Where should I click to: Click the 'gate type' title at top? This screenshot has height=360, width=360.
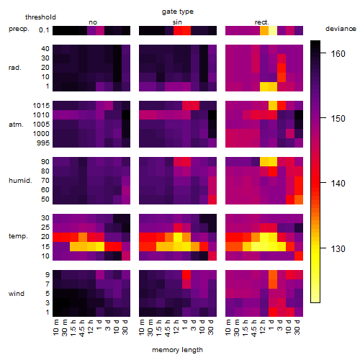pyautogui.click(x=178, y=12)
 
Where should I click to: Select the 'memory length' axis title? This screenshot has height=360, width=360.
pyautogui.click(x=177, y=350)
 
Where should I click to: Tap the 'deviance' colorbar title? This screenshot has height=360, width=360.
pyautogui.click(x=341, y=29)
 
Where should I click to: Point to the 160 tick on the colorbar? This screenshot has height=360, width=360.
pyautogui.click(x=323, y=53)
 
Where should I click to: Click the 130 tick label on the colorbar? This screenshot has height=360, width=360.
pyautogui.click(x=338, y=248)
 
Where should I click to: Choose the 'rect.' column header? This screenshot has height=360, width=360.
pyautogui.click(x=261, y=22)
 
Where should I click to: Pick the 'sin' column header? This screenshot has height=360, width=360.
pyautogui.click(x=177, y=22)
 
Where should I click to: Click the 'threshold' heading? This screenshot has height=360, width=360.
pyautogui.click(x=40, y=17)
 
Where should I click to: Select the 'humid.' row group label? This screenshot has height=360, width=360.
pyautogui.click(x=20, y=181)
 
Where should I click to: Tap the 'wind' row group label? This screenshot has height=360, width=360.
pyautogui.click(x=17, y=294)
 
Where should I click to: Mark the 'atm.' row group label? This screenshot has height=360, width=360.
pyautogui.click(x=16, y=125)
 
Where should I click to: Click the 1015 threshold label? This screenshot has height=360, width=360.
pyautogui.click(x=41, y=106)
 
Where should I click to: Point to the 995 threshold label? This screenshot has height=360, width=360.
pyautogui.click(x=43, y=143)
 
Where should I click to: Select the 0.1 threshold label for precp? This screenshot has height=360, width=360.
pyautogui.click(x=44, y=30)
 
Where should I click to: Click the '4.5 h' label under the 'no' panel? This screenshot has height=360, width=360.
pyautogui.click(x=83, y=328)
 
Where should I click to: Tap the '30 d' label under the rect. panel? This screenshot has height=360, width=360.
pyautogui.click(x=298, y=327)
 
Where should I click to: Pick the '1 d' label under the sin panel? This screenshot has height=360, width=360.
pyautogui.click(x=185, y=325)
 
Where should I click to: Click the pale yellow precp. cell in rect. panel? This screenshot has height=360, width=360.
pyautogui.click(x=273, y=30)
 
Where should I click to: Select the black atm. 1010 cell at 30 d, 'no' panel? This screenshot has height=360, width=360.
pyautogui.click(x=126, y=115)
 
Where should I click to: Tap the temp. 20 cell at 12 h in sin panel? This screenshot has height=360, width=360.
pyautogui.click(x=178, y=237)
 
